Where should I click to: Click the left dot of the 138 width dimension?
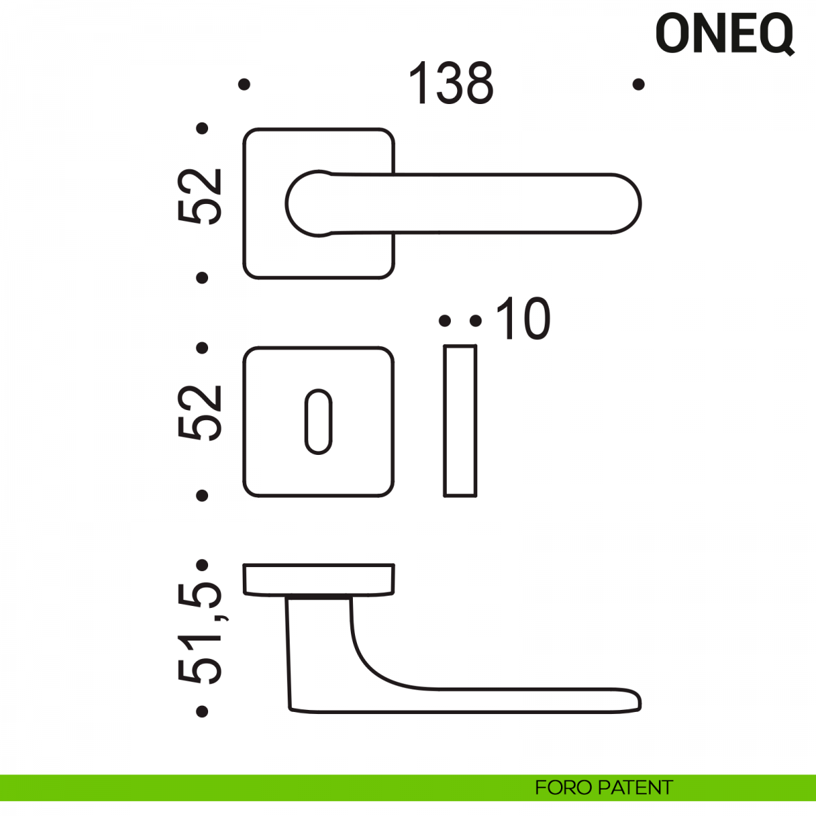[244, 84]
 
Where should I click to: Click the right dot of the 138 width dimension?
[639, 84]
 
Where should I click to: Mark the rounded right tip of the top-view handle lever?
[641, 204]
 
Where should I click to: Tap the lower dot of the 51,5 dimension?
[202, 711]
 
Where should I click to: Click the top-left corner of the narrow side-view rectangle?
[444, 346]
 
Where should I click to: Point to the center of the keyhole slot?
[318, 422]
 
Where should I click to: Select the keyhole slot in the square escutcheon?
[318, 422]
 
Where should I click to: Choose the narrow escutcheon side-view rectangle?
[460, 421]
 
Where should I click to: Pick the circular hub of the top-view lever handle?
[313, 204]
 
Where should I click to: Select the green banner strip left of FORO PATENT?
[267, 787]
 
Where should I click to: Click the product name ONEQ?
[724, 34]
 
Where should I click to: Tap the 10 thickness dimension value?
[522, 319]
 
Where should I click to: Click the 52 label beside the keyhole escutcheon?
[199, 413]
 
